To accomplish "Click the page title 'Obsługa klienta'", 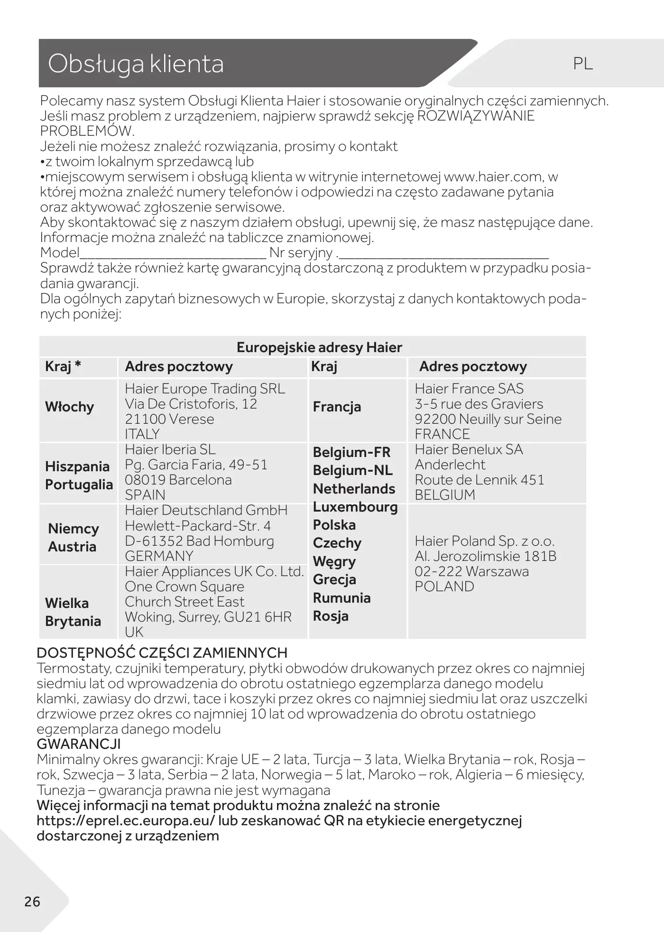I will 136,64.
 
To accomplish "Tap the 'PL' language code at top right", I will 583,64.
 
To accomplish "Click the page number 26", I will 32,902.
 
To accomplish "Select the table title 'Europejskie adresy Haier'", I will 319,347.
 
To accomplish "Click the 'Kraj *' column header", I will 63,366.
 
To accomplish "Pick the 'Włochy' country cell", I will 69,407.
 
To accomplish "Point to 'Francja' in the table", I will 337,407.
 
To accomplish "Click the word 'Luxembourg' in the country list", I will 355,507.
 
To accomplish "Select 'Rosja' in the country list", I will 331,616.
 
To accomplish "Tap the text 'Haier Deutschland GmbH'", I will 206,511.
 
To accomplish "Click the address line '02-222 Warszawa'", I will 471,571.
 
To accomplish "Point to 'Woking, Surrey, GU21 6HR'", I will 208,617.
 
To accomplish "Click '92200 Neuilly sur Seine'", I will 488,419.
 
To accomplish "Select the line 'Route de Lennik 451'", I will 479,480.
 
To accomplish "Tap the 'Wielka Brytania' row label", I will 73,612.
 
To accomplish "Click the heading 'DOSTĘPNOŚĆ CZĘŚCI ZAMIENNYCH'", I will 162,653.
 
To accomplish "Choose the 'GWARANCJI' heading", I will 79,744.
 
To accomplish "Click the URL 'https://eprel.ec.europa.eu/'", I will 126,820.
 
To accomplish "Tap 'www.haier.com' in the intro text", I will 493,177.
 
